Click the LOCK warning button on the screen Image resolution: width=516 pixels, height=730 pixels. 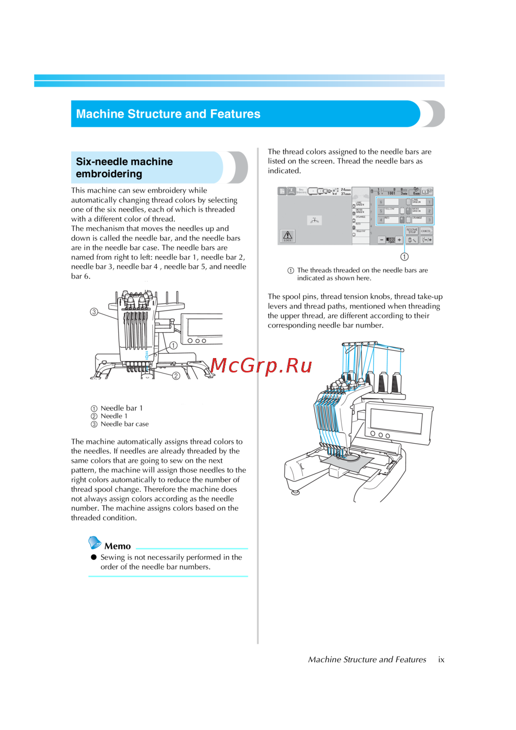click(x=287, y=236)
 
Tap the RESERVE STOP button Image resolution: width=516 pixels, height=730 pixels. click(x=412, y=231)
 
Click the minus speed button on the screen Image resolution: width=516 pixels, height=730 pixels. click(x=382, y=240)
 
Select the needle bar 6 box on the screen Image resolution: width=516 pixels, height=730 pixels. click(x=381, y=202)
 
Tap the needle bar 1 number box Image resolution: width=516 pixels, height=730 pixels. click(x=429, y=202)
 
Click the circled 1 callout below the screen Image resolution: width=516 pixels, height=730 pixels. click(x=405, y=256)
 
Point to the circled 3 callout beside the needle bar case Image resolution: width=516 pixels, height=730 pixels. click(x=94, y=312)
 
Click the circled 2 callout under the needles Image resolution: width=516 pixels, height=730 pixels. click(x=176, y=376)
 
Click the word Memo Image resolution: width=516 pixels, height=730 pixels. click(x=118, y=546)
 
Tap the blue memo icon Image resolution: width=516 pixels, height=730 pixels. click(x=95, y=542)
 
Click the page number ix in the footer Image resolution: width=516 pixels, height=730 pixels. click(x=441, y=659)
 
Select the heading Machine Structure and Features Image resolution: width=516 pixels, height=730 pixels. click(x=168, y=114)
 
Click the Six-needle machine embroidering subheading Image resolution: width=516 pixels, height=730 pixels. click(x=124, y=168)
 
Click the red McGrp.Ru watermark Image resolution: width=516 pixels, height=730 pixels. click(x=261, y=366)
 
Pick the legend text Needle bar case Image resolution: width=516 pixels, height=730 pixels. click(x=124, y=424)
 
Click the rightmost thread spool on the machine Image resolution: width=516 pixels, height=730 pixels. click(x=396, y=383)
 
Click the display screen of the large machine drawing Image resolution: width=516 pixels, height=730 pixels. click(x=396, y=420)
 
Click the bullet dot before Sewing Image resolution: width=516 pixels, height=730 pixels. click(x=94, y=557)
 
